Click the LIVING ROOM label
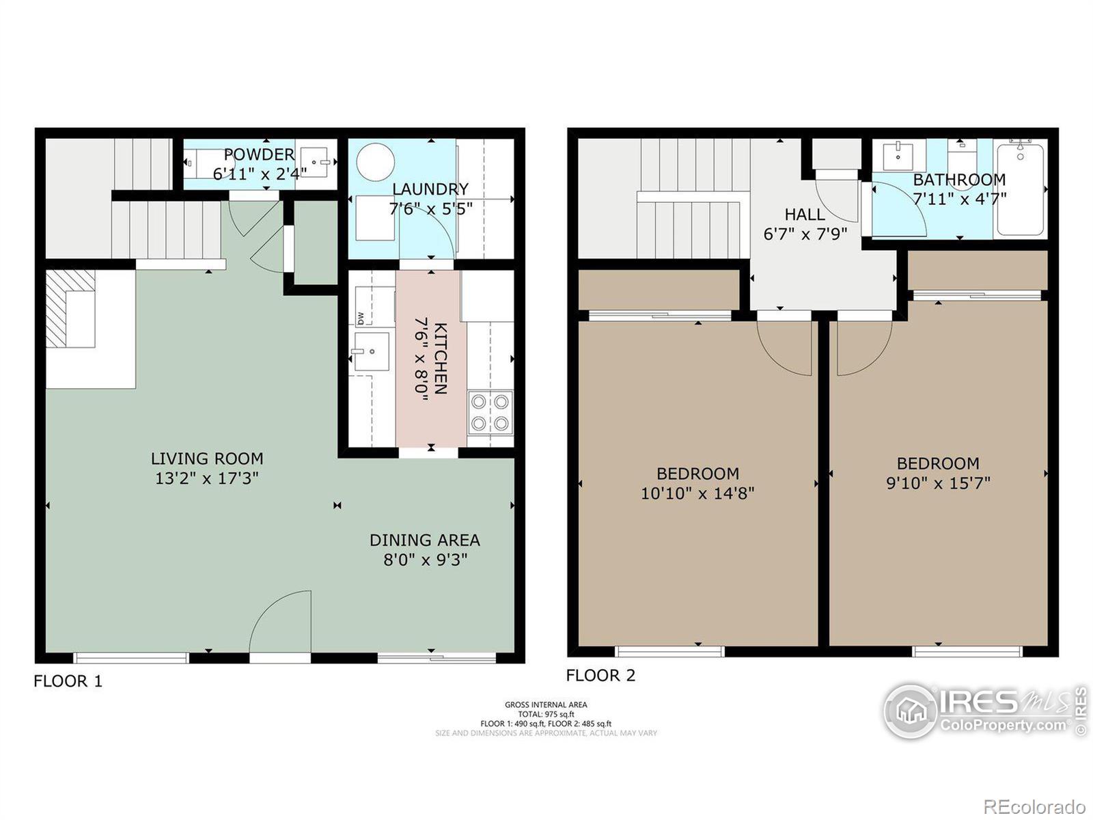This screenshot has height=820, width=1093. pyautogui.click(x=207, y=459)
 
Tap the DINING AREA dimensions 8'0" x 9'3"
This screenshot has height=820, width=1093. pyautogui.click(x=425, y=560)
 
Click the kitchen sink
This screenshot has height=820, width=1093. pyautogui.click(x=371, y=351)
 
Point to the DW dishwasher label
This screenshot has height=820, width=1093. pyautogui.click(x=360, y=318)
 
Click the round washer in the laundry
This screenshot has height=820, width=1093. pyautogui.click(x=375, y=162)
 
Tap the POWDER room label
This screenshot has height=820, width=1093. pyautogui.click(x=259, y=154)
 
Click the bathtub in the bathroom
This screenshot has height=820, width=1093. pyautogui.click(x=1019, y=189)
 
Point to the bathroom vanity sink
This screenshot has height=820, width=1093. pyautogui.click(x=898, y=156)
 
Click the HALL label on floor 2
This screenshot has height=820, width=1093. pyautogui.click(x=804, y=215)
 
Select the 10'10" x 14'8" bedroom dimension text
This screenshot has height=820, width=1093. pyautogui.click(x=697, y=493)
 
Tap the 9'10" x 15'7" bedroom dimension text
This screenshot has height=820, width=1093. pyautogui.click(x=938, y=483)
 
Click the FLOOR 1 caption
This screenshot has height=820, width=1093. pyautogui.click(x=68, y=681)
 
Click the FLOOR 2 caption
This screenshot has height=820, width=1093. pyautogui.click(x=600, y=676)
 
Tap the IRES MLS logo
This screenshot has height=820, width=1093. pyautogui.click(x=984, y=711)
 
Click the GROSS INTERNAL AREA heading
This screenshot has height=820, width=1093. pyautogui.click(x=546, y=705)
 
